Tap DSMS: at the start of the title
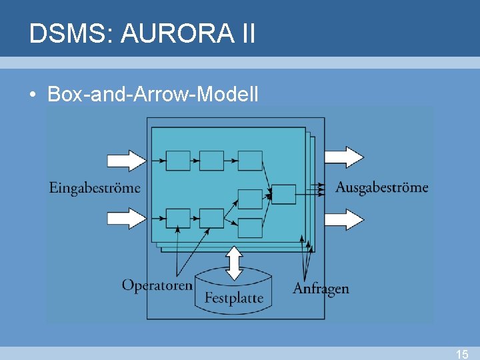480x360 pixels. (x=71, y=33)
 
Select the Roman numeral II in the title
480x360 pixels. (x=245, y=33)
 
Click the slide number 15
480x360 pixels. (x=462, y=354)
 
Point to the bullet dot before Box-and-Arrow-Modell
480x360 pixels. (x=32, y=95)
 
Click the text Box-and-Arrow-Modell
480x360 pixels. (x=153, y=95)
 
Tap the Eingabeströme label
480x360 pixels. (x=95, y=188)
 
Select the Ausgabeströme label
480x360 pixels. (x=381, y=187)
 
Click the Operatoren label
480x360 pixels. (x=157, y=285)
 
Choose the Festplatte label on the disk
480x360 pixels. (x=233, y=298)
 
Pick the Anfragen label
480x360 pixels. (x=321, y=289)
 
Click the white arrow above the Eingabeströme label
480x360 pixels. (x=127, y=160)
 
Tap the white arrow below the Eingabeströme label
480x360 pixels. (x=127, y=218)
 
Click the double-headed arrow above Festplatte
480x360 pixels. (x=233, y=263)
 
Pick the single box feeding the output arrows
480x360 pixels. (x=284, y=194)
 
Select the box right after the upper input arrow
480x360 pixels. (x=178, y=161)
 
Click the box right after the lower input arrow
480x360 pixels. (x=178, y=218)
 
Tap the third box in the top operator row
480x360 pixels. (x=250, y=161)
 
